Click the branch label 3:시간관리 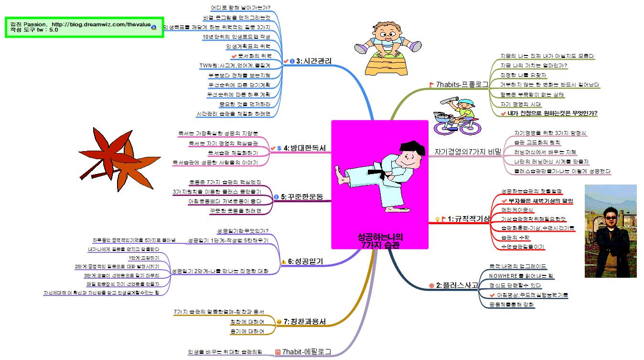tap(314, 61)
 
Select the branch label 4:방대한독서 tap(304, 148)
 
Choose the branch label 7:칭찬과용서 tap(304, 321)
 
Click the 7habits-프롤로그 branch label tap(462, 84)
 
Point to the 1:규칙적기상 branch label tap(469, 218)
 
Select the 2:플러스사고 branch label tap(457, 285)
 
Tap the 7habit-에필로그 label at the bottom tap(306, 352)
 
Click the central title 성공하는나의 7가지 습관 tap(380, 240)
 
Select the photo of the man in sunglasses tap(610, 231)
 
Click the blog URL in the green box tap(101, 24)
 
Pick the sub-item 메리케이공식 tap(517, 210)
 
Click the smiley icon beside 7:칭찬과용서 tap(279, 321)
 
